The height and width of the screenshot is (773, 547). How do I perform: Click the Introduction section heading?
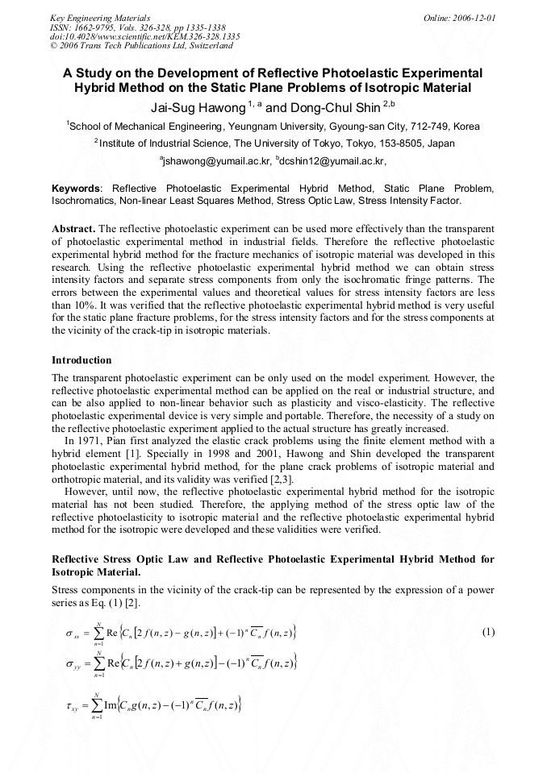click(81, 359)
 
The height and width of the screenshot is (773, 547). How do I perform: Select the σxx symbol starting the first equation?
click(72, 634)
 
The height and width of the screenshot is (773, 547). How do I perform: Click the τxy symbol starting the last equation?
click(72, 707)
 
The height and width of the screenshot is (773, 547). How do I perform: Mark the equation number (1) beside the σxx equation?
click(487, 632)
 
